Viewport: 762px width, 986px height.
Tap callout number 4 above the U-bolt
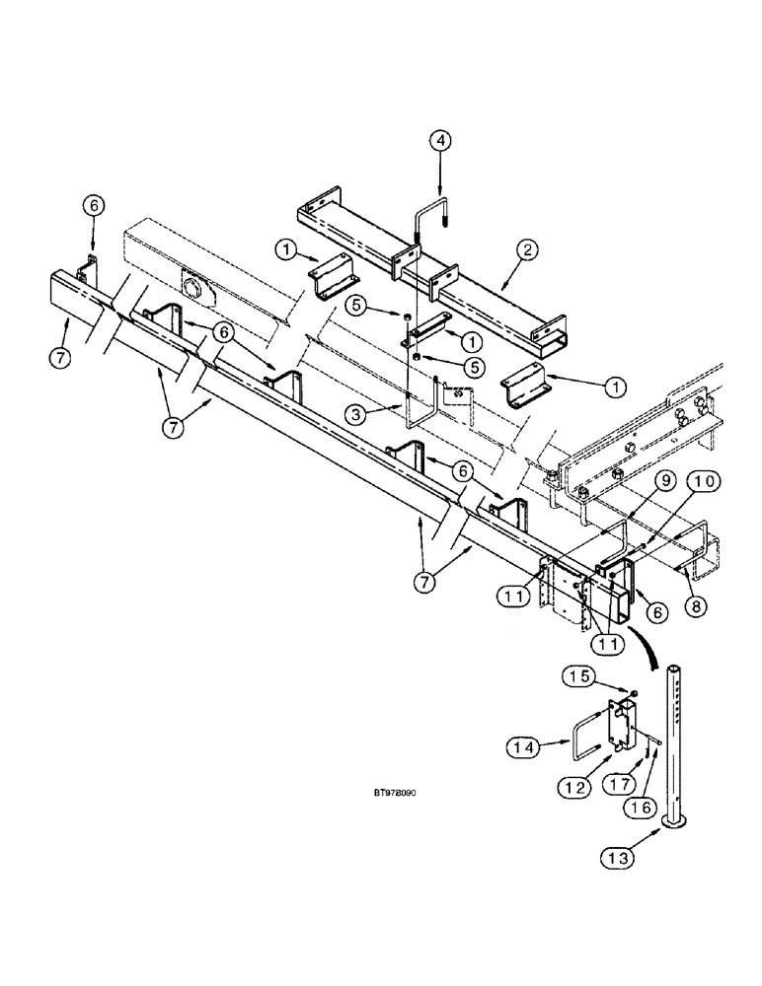click(x=442, y=141)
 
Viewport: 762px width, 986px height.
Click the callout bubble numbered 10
click(x=705, y=481)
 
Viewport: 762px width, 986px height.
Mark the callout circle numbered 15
click(x=579, y=676)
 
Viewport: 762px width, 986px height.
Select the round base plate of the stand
click(x=678, y=821)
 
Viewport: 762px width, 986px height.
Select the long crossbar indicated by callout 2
click(x=434, y=258)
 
